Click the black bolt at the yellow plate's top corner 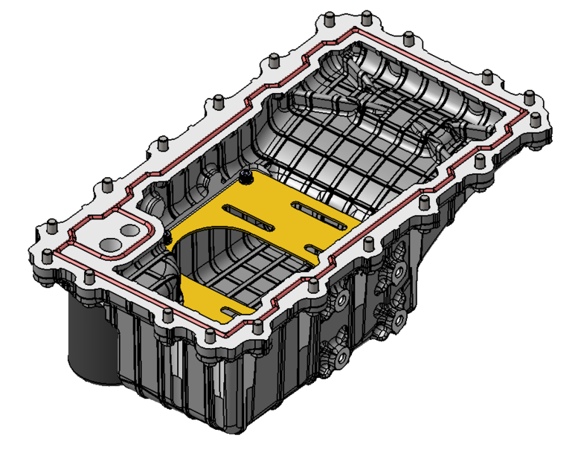[x=246, y=177]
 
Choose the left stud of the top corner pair [x=327, y=16]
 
